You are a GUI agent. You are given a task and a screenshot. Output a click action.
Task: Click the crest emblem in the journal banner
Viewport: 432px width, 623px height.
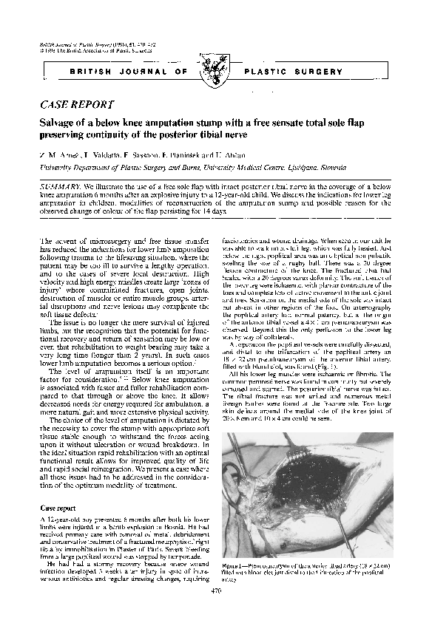point(216,72)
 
